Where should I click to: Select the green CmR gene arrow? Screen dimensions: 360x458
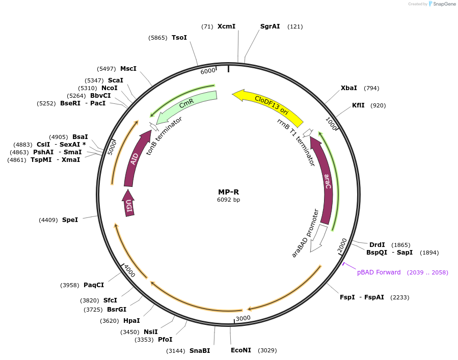pos(186,105)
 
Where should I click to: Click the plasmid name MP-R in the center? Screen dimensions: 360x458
pos(228,192)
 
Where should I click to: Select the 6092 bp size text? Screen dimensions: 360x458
pos(228,200)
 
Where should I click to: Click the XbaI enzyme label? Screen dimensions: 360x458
pos(349,88)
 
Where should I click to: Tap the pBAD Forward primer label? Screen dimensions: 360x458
pos(379,272)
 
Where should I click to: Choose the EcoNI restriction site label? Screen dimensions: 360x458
pos(241,350)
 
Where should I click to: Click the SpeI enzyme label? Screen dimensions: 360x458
pos(70,220)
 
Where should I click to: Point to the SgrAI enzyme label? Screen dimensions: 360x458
pos(270,26)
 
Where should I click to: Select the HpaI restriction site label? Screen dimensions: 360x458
pos(131,321)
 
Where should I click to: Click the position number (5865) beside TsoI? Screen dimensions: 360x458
pos(158,38)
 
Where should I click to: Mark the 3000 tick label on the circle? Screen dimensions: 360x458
pos(243,318)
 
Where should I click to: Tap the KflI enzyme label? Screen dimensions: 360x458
pos(358,105)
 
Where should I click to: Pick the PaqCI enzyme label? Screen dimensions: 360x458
pos(94,285)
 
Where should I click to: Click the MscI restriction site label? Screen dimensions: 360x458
pos(128,69)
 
